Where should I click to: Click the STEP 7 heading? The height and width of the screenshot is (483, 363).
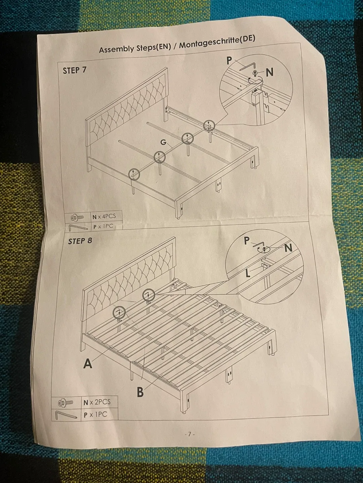click(x=75, y=70)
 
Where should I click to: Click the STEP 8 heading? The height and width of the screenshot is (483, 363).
click(x=80, y=241)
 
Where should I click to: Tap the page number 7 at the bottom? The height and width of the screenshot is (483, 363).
click(x=189, y=434)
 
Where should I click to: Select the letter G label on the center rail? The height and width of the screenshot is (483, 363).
click(x=163, y=142)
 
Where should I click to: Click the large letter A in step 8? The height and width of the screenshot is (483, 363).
click(x=87, y=364)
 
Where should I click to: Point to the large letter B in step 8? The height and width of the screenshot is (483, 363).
click(x=140, y=392)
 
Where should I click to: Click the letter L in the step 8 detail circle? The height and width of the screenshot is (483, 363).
click(x=248, y=273)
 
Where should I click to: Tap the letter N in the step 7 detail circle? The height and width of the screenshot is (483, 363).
click(x=270, y=72)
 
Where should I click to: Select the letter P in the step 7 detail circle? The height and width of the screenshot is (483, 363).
click(x=229, y=60)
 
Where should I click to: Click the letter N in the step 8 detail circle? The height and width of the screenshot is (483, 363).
click(x=288, y=248)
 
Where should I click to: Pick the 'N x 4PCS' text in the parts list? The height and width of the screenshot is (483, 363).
click(x=104, y=217)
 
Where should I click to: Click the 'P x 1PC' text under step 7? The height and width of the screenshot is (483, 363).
click(x=103, y=226)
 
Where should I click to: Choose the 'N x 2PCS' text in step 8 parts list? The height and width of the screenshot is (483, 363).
click(x=97, y=402)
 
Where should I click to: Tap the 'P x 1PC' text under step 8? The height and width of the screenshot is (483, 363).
click(x=95, y=415)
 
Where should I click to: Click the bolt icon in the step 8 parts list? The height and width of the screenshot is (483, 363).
click(x=65, y=402)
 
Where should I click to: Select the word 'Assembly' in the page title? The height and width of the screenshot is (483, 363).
click(x=116, y=49)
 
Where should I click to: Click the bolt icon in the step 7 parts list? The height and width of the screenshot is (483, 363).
click(x=77, y=218)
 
